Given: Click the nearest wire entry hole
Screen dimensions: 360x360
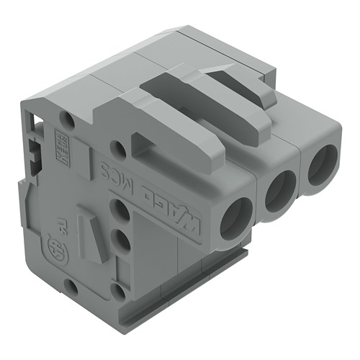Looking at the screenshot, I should coord(235,218).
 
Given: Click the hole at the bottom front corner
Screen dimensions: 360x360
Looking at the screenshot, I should coord(118,292).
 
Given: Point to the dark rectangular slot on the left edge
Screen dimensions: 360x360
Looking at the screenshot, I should coord(34,152).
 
